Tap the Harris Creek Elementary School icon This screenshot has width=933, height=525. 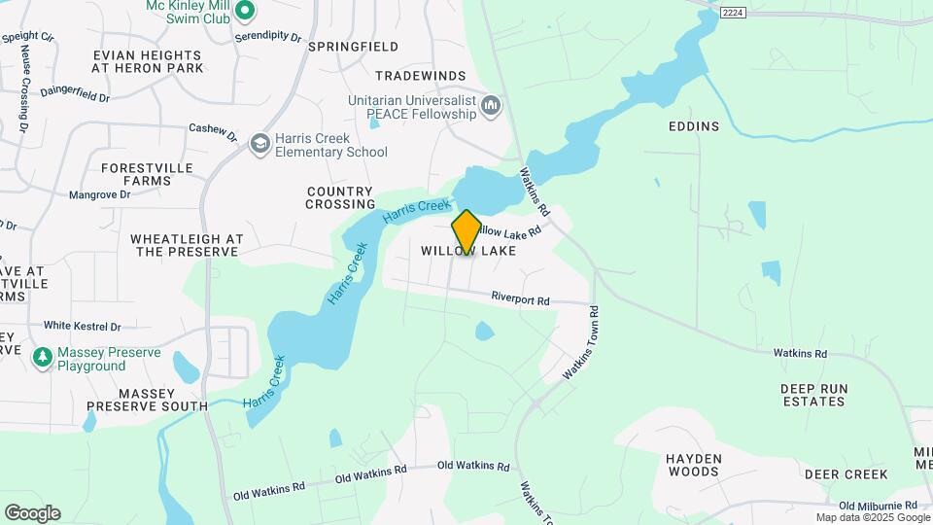[x=259, y=144]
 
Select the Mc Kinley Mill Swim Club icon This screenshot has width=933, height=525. [x=245, y=11]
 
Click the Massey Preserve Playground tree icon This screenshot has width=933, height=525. [x=42, y=358]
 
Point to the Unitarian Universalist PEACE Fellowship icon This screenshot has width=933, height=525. [x=492, y=104]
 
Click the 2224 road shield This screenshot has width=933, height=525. [x=732, y=12]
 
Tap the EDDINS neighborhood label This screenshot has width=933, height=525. [x=694, y=126]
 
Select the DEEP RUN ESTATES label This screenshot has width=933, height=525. [x=814, y=395]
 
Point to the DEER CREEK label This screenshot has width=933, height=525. [x=846, y=474]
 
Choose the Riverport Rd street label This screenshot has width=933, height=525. [x=521, y=298]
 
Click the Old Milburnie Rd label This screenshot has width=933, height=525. [x=878, y=506]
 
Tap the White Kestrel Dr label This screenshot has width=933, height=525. [x=82, y=327]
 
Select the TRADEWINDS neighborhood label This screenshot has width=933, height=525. [x=421, y=75]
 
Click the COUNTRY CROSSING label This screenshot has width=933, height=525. [x=340, y=197]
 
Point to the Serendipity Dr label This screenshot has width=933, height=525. [x=268, y=36]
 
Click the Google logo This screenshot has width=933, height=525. [x=32, y=513]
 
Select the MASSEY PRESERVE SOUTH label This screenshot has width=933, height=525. [x=147, y=399]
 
